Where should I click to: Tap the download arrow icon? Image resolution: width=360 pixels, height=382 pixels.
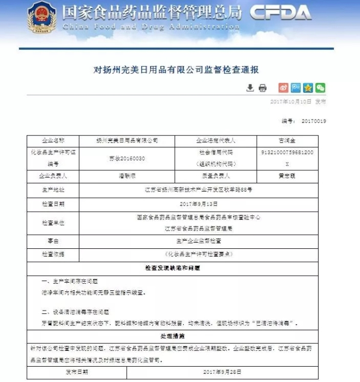click(250, 87)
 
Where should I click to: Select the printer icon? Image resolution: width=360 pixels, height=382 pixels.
click(263, 87)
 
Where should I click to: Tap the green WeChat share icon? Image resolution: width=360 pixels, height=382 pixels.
click(321, 87)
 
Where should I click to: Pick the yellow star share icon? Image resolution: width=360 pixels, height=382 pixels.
click(308, 87)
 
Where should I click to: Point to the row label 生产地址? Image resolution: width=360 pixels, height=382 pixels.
click(53, 190)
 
